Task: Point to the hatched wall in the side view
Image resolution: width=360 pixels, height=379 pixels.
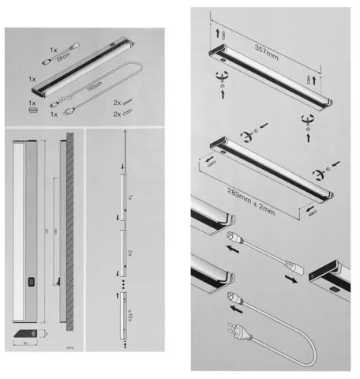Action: pos(69,229)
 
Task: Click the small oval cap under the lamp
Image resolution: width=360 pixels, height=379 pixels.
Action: pos(33,111)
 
